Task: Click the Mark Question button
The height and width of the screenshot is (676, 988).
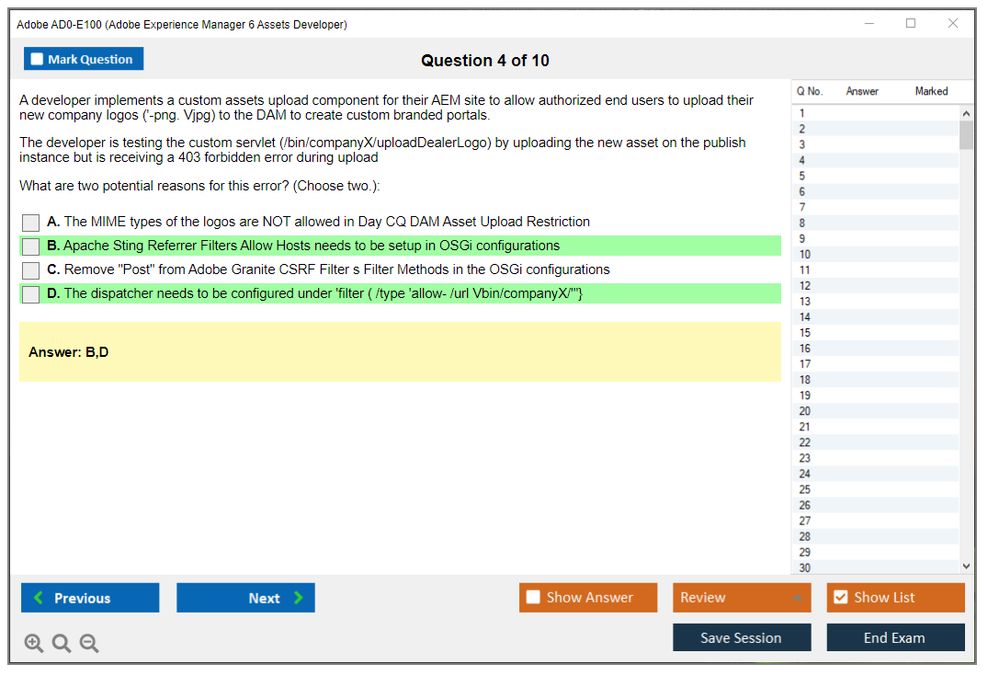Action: click(x=84, y=59)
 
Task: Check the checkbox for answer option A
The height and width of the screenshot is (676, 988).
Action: click(x=31, y=223)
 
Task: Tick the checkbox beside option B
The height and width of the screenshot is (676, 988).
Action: click(x=31, y=246)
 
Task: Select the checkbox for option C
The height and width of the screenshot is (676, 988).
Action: click(x=31, y=270)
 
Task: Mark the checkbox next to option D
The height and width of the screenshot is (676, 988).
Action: click(x=31, y=294)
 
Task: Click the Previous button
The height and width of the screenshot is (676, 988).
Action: click(x=90, y=598)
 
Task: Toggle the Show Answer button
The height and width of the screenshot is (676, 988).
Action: click(x=588, y=598)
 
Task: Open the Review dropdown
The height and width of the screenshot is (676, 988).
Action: click(x=742, y=598)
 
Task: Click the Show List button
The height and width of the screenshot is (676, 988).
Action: click(x=895, y=598)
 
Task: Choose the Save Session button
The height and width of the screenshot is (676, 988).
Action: click(x=742, y=637)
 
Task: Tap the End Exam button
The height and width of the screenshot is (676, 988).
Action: click(x=895, y=637)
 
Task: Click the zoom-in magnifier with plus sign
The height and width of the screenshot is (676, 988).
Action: click(x=34, y=643)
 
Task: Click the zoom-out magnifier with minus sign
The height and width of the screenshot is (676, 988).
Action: click(x=89, y=643)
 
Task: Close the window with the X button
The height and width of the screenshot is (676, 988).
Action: click(x=953, y=23)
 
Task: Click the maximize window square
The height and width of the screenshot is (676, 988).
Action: click(x=911, y=23)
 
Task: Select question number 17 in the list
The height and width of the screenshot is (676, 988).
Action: click(x=804, y=364)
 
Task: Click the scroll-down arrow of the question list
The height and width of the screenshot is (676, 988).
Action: click(x=967, y=567)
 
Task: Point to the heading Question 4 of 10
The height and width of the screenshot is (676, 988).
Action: click(x=485, y=61)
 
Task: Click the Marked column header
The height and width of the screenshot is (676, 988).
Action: click(x=931, y=91)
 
